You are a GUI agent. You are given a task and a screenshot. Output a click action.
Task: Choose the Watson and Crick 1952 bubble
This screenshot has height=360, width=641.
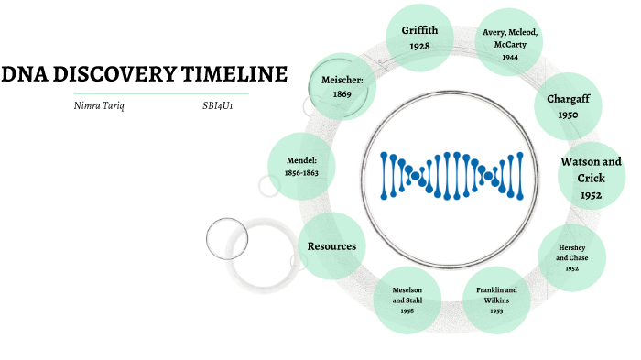pyautogui.click(x=591, y=178)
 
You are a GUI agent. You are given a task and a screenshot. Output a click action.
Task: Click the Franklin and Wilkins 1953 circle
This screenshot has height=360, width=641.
pyautogui.click(x=496, y=299)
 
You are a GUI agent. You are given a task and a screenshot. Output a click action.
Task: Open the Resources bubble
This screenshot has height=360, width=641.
pyautogui.click(x=331, y=245)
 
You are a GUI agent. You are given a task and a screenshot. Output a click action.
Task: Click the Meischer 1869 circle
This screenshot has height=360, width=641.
pyautogui.click(x=342, y=87)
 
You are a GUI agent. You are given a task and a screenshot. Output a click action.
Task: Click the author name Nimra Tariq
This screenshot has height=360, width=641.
pyautogui.click(x=98, y=106)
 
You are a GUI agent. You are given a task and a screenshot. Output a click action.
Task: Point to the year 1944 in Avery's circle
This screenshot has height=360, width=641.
pyautogui.click(x=510, y=58)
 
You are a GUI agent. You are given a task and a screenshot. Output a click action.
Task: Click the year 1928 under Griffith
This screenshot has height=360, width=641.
pyautogui.click(x=419, y=46)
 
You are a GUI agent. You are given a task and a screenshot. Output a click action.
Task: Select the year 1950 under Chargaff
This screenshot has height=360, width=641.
pyautogui.click(x=567, y=115)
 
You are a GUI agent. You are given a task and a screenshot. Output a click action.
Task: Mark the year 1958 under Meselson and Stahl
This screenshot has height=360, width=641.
pyautogui.click(x=407, y=311)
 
